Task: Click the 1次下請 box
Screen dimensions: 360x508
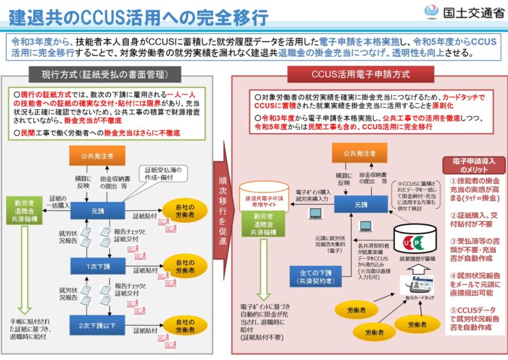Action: (99, 266)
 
